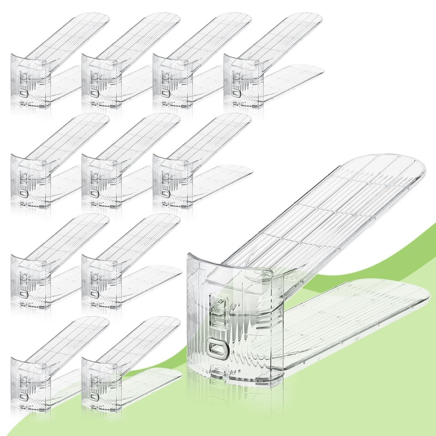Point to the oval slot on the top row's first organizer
tap(23, 94)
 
